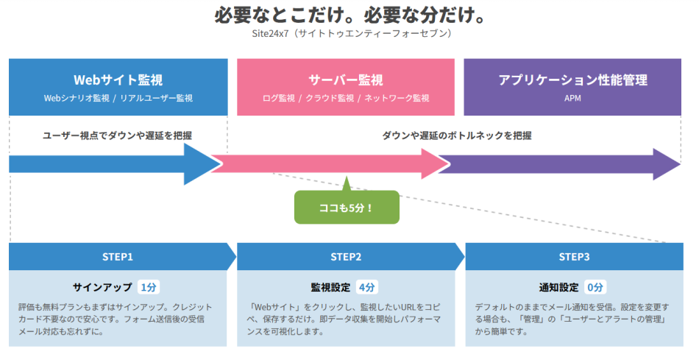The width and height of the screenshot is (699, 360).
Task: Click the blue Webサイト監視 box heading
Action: click(x=118, y=80)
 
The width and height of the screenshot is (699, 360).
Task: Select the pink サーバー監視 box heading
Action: click(x=346, y=80)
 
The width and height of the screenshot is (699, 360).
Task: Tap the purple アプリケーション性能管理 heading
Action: click(x=572, y=80)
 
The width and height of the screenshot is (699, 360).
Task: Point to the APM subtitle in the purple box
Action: click(x=572, y=98)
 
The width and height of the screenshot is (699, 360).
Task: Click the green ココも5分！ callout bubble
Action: click(x=347, y=208)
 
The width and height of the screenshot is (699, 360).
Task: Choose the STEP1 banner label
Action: click(x=118, y=257)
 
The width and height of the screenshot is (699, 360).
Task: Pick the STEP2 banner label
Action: click(x=346, y=257)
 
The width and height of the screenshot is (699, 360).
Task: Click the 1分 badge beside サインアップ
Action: click(x=148, y=287)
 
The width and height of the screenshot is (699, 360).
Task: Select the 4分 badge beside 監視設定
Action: click(x=366, y=287)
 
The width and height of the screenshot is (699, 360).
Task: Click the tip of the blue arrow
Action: click(x=219, y=164)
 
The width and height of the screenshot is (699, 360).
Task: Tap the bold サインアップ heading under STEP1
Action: click(x=102, y=287)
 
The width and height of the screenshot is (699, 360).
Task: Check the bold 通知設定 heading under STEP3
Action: click(x=559, y=287)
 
